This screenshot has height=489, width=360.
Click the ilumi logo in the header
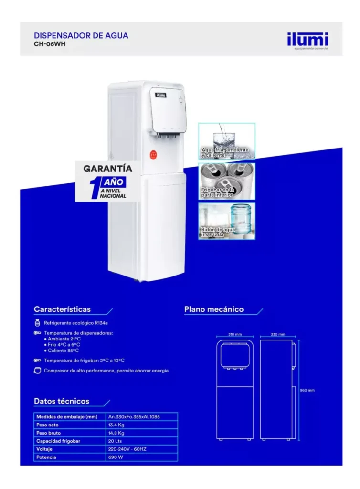tap(307, 40)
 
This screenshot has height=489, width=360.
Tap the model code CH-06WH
tap(50, 44)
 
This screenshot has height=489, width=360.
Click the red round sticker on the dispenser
tap(153, 154)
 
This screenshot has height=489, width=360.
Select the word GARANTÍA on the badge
tap(107, 169)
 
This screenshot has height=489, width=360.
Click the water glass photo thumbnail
tap(227, 141)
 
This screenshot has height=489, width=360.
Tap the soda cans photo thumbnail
tap(227, 181)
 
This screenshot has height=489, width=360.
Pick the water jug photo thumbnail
tap(227, 221)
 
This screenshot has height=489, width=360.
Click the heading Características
tap(62, 309)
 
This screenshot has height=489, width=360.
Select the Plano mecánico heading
tap(214, 309)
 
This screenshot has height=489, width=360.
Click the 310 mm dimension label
tap(235, 334)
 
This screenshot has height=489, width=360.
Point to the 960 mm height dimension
tap(307, 390)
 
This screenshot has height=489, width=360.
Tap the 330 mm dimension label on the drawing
tap(278, 334)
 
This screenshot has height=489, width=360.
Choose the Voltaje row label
tap(44, 449)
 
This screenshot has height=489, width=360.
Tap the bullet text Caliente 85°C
tap(64, 351)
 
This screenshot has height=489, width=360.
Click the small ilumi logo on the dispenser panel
tap(161, 95)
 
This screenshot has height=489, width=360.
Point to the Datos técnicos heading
tap(62, 401)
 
